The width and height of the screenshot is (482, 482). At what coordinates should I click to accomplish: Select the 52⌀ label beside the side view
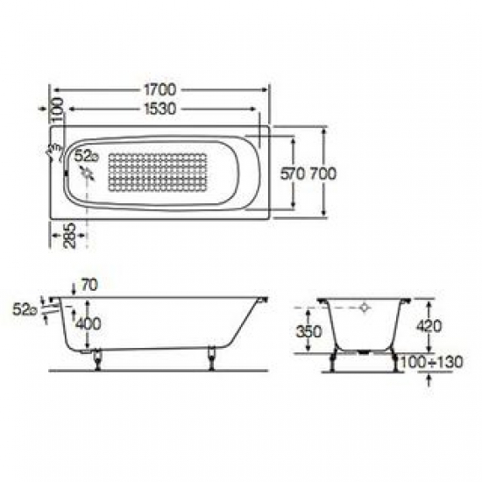click(24, 308)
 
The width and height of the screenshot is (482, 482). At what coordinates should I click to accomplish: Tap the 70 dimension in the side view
click(88, 285)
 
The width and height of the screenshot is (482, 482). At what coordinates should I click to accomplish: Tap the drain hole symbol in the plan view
click(88, 174)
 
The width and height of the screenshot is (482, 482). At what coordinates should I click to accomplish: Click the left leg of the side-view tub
click(96, 357)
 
